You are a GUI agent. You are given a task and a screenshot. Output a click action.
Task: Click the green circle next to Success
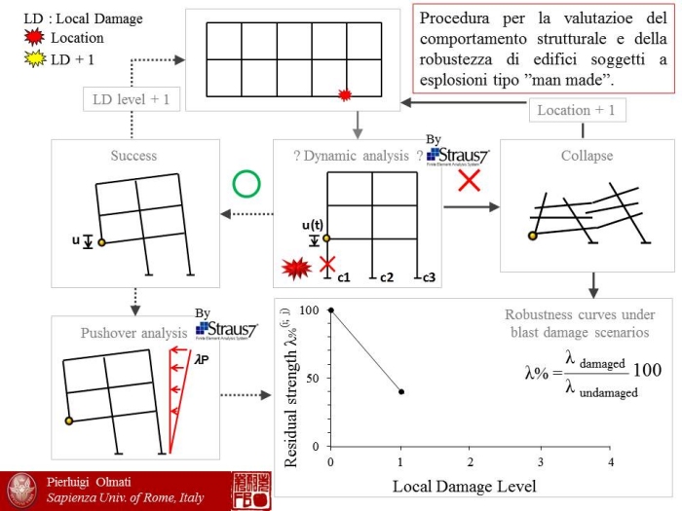[x=245, y=184]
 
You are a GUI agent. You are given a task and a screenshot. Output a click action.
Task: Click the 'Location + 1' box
[x=576, y=110]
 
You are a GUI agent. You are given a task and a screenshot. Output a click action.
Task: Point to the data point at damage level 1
[x=401, y=391]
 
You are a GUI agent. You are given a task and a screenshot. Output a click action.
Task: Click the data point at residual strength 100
[x=331, y=310]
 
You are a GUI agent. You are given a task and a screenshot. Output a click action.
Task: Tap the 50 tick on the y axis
[x=313, y=378]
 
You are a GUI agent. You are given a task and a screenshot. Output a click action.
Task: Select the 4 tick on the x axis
[x=611, y=460]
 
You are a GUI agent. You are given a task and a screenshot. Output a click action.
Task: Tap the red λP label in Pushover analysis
[x=202, y=358]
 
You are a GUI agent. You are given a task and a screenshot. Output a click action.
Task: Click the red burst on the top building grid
[x=344, y=94]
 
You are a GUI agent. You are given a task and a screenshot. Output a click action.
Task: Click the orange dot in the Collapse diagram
[x=532, y=236]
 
